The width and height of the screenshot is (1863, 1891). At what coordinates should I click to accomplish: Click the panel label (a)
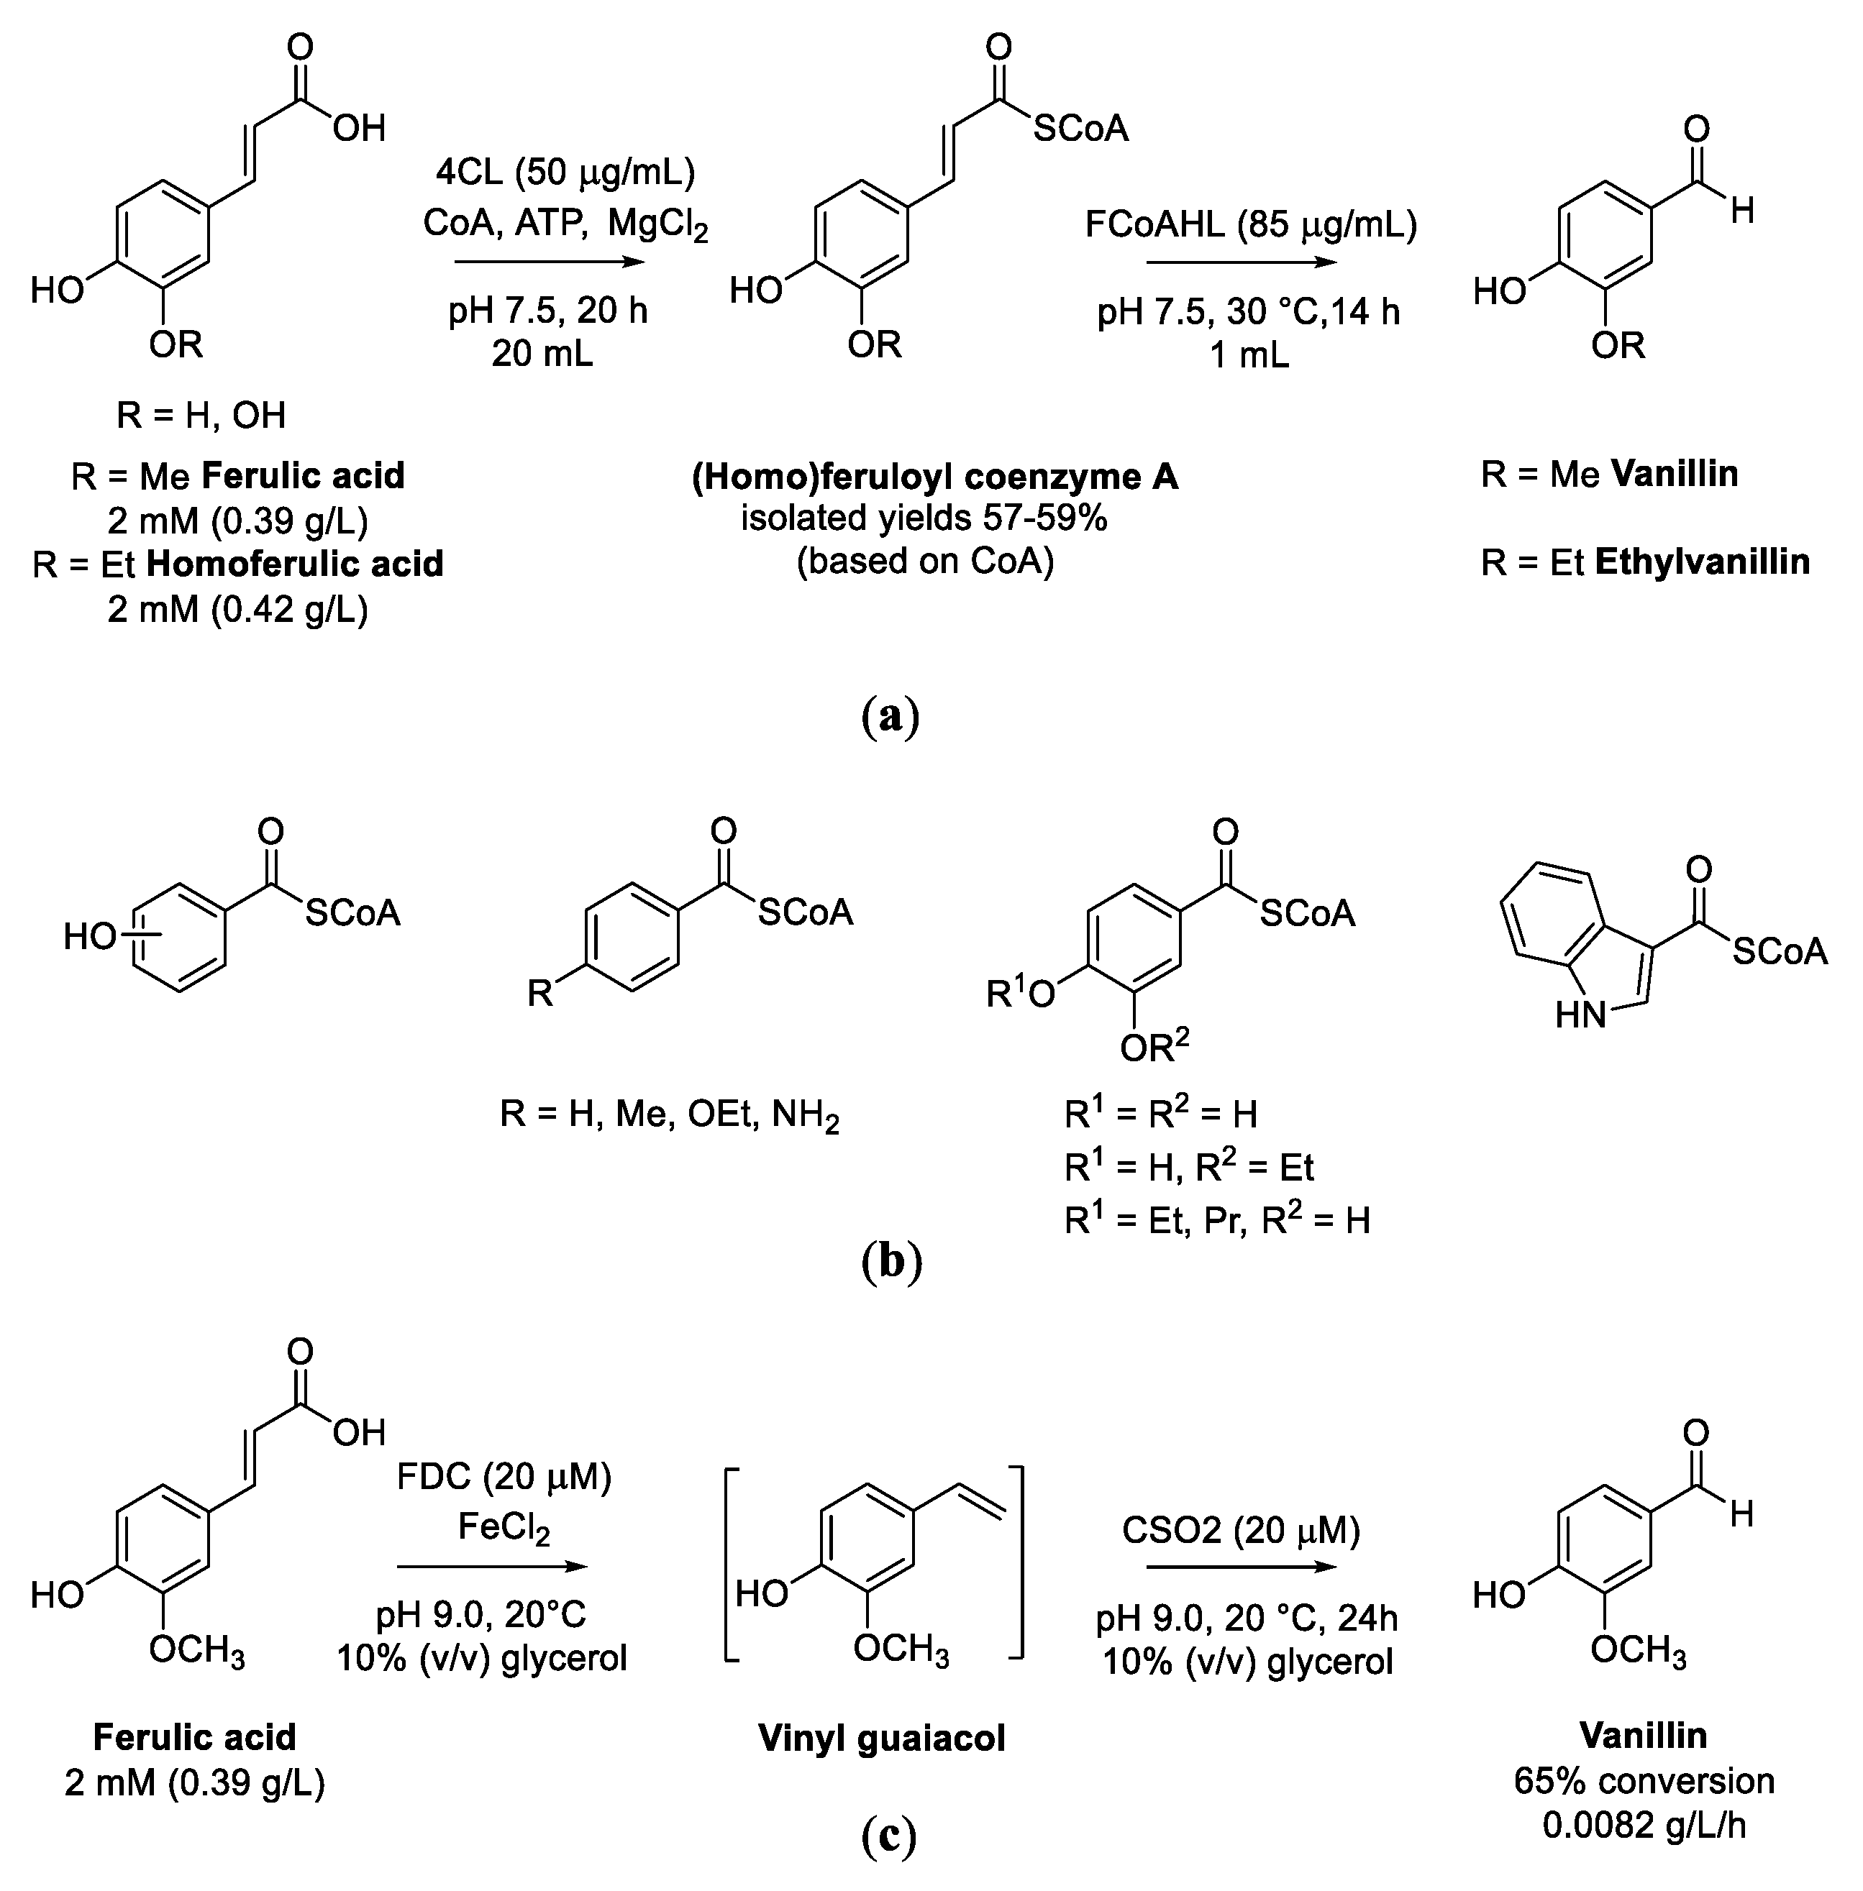coord(890,717)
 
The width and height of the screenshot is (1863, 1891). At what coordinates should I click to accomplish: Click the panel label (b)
coord(891,1262)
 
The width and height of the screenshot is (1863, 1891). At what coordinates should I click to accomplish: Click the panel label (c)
coord(890,1836)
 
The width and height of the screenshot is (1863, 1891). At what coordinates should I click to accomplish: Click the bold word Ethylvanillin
coord(1702,562)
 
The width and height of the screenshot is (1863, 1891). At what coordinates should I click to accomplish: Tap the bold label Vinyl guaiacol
coord(882,1739)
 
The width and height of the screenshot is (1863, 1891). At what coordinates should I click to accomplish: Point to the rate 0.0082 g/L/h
coord(1644,1826)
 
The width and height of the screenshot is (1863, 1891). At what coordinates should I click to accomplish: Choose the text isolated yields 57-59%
coord(924,518)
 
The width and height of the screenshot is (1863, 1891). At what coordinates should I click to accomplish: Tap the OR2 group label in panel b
coord(1154,1049)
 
